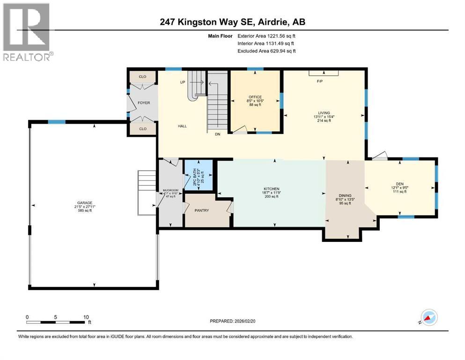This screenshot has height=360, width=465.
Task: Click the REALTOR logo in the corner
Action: [27, 32]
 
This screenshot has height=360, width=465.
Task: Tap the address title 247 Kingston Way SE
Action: [232, 22]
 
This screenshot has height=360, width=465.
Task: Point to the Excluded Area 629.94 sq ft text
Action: [266, 51]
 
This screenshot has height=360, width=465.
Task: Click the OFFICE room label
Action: [255, 97]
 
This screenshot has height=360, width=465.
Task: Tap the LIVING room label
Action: [324, 113]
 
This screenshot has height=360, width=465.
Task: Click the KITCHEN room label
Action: [271, 188]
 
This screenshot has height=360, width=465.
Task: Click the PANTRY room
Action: [202, 210]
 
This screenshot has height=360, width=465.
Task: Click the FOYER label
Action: [143, 102]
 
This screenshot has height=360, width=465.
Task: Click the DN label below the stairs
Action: [217, 134]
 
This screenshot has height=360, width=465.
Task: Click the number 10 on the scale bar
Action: [86, 317]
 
